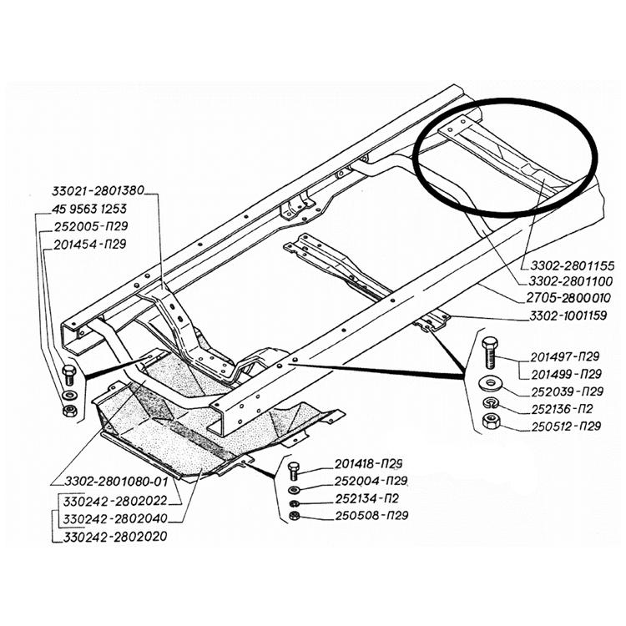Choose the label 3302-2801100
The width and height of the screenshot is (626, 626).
pos(568,282)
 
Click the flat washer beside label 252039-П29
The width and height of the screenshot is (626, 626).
pos(489,384)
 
